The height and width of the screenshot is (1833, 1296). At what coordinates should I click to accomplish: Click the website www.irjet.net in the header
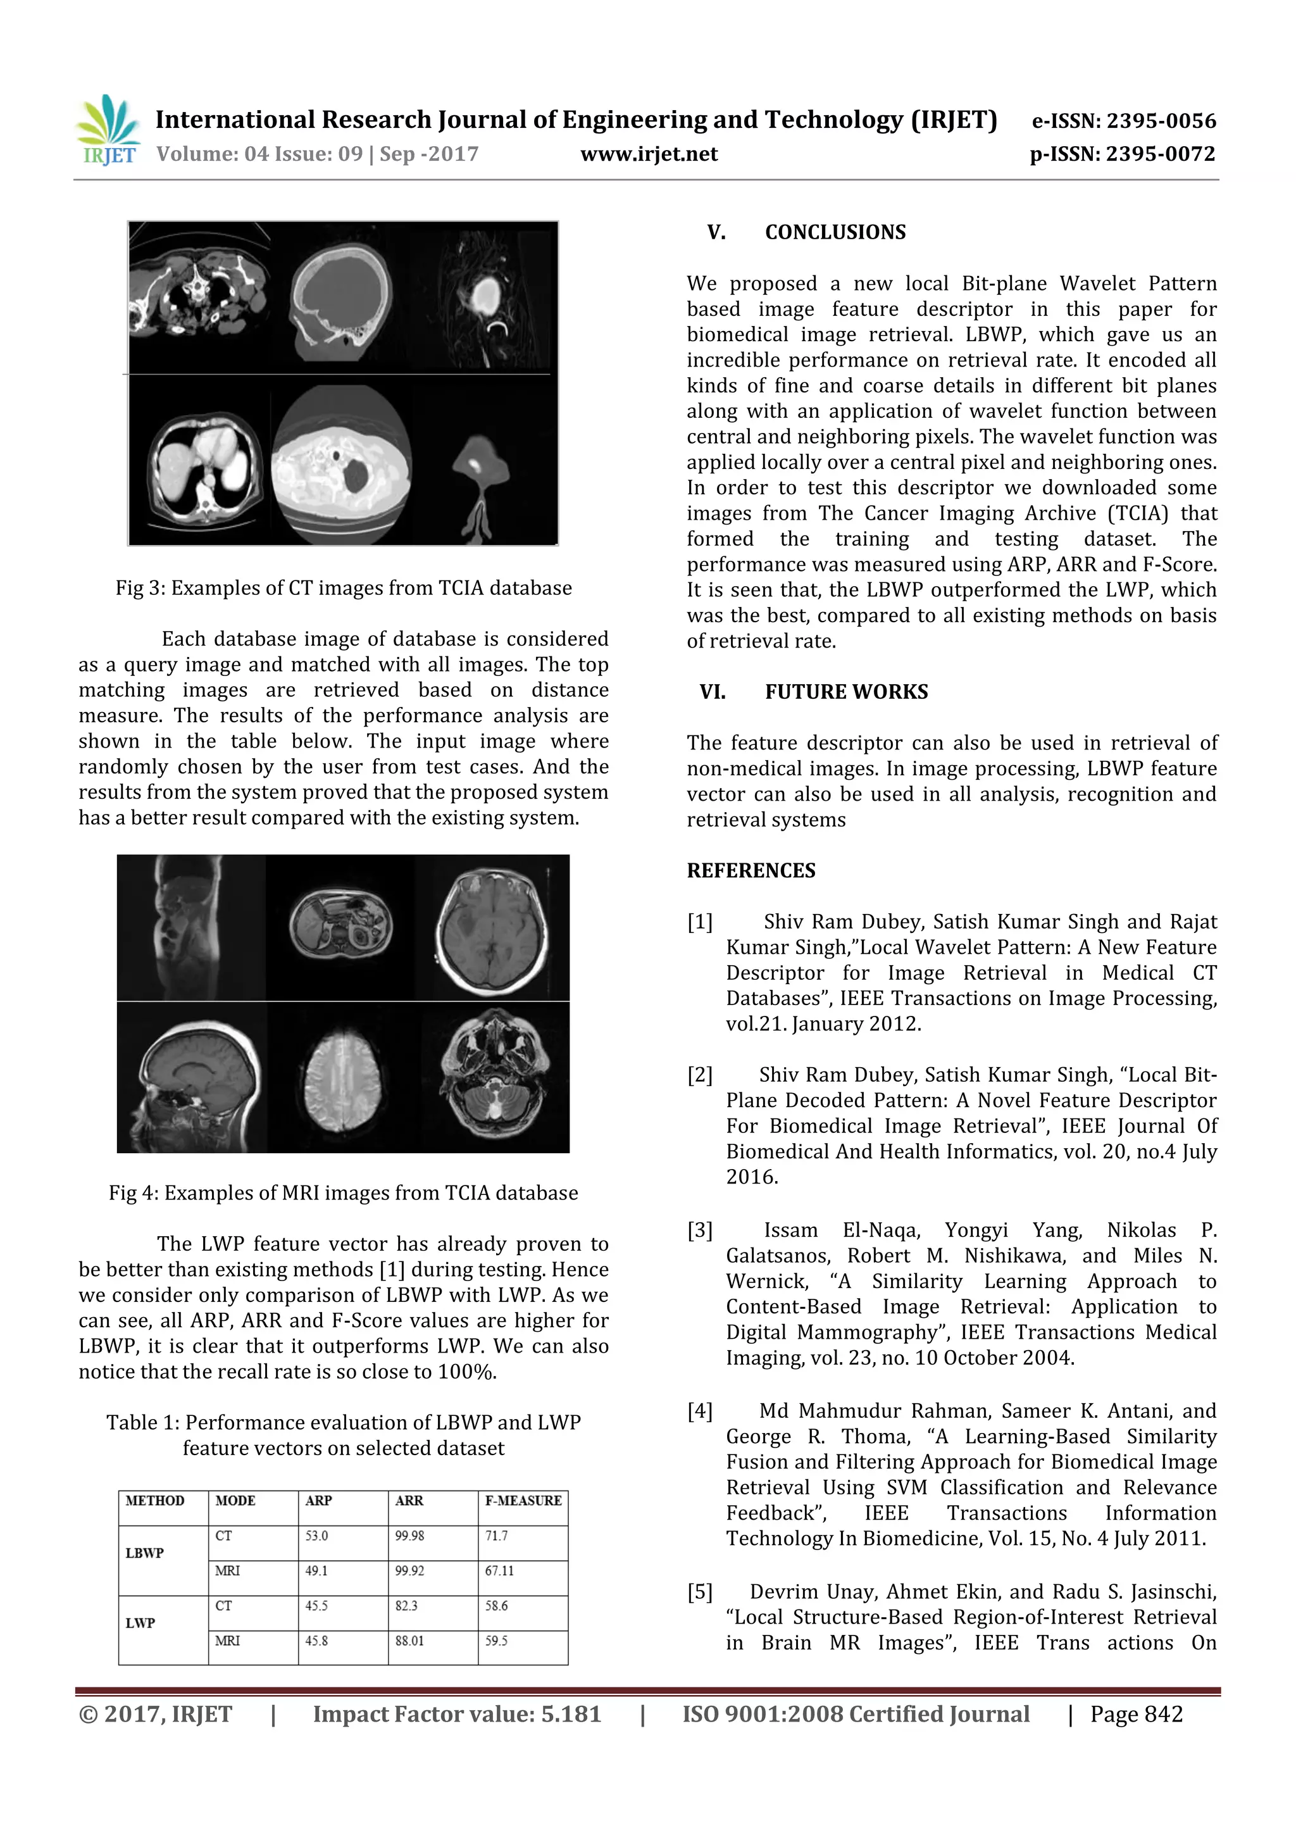point(649,154)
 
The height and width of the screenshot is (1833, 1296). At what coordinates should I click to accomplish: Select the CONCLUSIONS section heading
point(835,232)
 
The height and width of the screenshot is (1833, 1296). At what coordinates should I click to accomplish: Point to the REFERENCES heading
point(751,870)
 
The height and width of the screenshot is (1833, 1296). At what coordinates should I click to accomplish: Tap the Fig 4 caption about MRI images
point(343,1192)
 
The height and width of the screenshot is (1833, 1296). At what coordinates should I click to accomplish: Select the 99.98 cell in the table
point(409,1536)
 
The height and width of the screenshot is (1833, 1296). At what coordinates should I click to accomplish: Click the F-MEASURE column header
point(523,1500)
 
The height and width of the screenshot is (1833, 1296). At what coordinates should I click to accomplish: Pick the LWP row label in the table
point(140,1622)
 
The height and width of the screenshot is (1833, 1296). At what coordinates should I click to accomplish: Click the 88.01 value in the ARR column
point(409,1641)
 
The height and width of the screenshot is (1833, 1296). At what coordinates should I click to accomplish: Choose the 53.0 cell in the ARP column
point(317,1536)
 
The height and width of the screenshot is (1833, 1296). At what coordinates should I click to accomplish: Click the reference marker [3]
point(700,1230)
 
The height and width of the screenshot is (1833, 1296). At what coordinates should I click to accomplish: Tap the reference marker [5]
point(700,1592)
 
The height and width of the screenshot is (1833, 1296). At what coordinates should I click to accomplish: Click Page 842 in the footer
point(1137,1714)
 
